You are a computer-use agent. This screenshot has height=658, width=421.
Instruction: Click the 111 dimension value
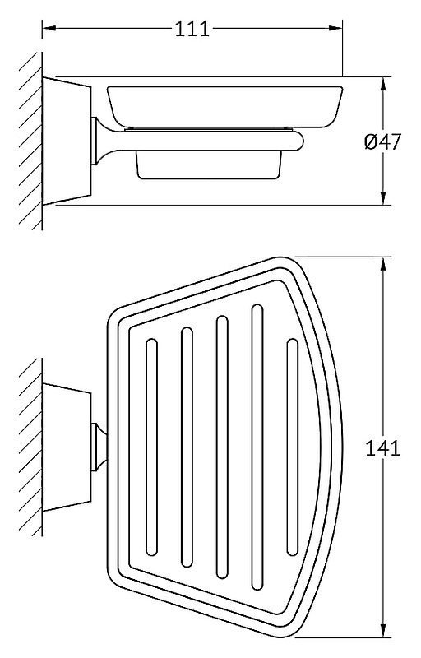tap(192, 30)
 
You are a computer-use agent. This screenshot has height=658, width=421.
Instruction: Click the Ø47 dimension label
tap(383, 141)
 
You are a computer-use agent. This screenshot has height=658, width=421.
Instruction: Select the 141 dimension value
tap(383, 448)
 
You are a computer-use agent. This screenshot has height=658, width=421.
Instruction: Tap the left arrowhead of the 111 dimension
tap(49, 29)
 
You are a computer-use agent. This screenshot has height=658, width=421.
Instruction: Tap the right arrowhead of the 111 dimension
tap(335, 29)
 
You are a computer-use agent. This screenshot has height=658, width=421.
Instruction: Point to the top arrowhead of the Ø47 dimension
tap(383, 84)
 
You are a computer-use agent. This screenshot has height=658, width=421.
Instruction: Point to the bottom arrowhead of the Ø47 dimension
tap(383, 198)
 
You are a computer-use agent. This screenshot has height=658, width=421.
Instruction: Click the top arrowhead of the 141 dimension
tap(383, 264)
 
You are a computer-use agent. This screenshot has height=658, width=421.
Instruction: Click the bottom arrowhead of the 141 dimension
tap(383, 642)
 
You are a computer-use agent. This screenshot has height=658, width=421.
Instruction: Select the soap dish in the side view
tap(225, 107)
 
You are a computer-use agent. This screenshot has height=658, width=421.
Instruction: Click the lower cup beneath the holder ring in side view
tap(209, 165)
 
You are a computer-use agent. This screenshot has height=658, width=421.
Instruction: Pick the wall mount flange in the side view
tap(67, 141)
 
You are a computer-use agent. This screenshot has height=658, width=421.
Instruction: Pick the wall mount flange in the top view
tap(67, 447)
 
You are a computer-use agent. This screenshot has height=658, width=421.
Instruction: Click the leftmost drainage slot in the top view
tap(151, 447)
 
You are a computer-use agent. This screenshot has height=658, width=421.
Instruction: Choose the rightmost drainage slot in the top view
tap(292, 447)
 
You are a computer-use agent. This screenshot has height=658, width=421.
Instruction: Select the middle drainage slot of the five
tap(222, 447)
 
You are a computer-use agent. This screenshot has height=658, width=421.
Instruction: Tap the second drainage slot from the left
tap(187, 447)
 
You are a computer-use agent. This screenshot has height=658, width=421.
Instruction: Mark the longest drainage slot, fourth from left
tap(257, 447)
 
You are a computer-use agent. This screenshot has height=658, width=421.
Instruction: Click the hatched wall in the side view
tap(30, 141)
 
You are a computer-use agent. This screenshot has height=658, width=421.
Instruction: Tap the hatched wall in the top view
tap(30, 447)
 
